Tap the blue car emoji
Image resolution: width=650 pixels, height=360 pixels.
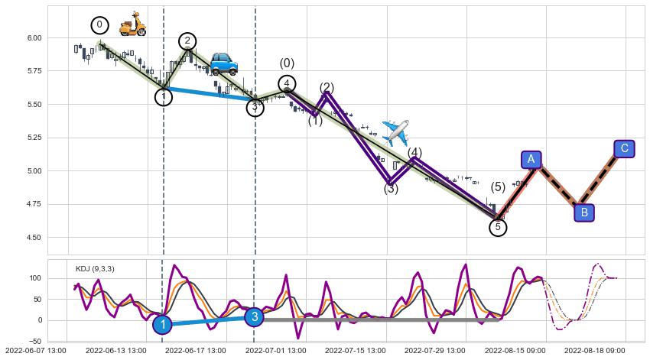pyautogui.click(x=223, y=63)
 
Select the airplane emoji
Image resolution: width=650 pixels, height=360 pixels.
pyautogui.click(x=395, y=132)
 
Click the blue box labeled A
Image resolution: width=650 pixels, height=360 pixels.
pyautogui.click(x=531, y=159)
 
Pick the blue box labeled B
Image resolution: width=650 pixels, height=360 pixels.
pyautogui.click(x=584, y=212)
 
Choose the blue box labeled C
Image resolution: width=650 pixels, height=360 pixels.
pyautogui.click(x=625, y=148)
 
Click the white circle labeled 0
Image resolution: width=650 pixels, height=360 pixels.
pyautogui.click(x=99, y=25)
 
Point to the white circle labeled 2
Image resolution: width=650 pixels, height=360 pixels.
pyautogui.click(x=187, y=41)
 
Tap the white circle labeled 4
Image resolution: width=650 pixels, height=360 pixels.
pyautogui.click(x=286, y=84)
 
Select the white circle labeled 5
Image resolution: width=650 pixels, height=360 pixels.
pyautogui.click(x=498, y=227)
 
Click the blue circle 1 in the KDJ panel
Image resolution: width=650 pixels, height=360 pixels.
pyautogui.click(x=162, y=325)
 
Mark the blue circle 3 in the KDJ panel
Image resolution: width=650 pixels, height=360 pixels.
pyautogui.click(x=255, y=316)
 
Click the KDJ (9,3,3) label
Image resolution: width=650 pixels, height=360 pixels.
pyautogui.click(x=95, y=269)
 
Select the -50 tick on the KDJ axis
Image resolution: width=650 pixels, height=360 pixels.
pyautogui.click(x=34, y=341)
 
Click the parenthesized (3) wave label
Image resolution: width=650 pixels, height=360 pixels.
pyautogui.click(x=391, y=189)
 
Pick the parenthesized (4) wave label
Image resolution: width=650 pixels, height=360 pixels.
pyautogui.click(x=414, y=153)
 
